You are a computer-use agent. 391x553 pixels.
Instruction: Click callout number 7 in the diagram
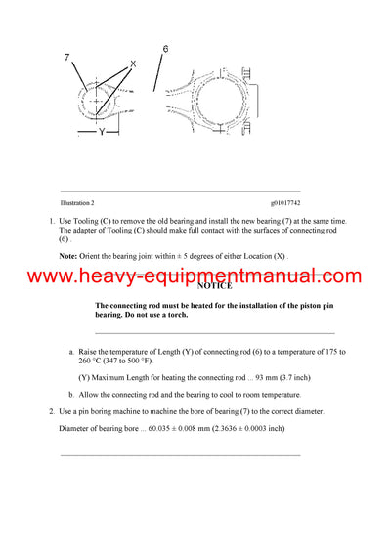tap(67, 59)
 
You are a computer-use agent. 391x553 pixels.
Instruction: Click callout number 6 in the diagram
tap(165, 48)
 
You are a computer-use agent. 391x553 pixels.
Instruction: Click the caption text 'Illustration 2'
tap(77, 202)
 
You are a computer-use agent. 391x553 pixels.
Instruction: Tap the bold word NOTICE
tap(214, 286)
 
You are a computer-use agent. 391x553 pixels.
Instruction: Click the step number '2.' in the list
tap(52, 411)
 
